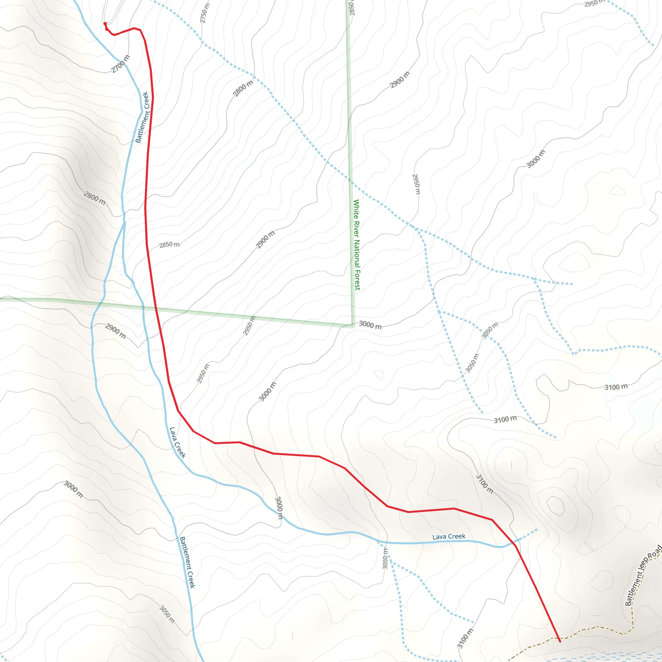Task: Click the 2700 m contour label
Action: click(x=121, y=64)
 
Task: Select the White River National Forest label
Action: click(x=357, y=245)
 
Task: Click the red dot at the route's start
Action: click(x=105, y=24)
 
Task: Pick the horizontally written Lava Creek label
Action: click(x=449, y=537)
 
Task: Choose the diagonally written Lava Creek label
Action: click(x=177, y=443)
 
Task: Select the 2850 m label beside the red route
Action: click(x=169, y=245)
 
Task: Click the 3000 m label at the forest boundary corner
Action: click(x=370, y=325)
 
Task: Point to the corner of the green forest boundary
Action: click(x=353, y=325)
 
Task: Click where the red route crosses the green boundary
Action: click(x=156, y=309)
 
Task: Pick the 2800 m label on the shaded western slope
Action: click(x=95, y=198)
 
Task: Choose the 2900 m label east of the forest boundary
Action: click(x=400, y=80)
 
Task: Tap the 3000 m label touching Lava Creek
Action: click(x=279, y=507)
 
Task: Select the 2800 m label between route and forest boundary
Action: click(x=243, y=88)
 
